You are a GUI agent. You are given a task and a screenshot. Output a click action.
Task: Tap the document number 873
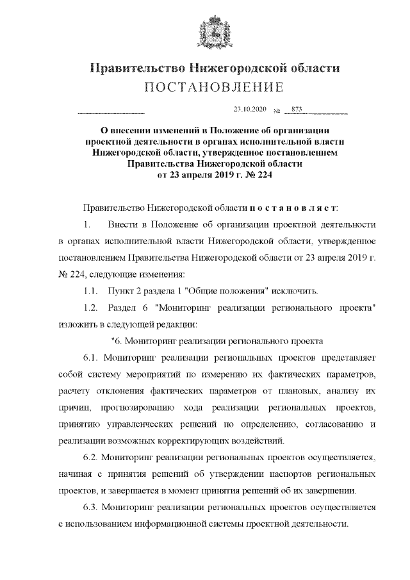(x=297, y=109)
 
